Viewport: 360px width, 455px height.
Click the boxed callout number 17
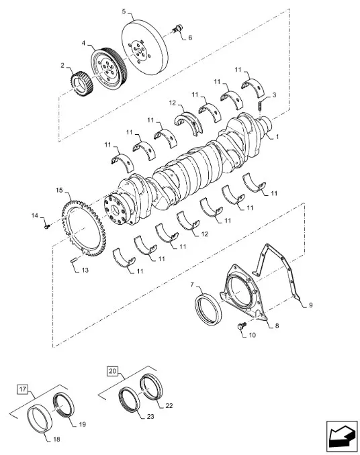coord(23,389)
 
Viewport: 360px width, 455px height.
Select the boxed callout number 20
coord(113,371)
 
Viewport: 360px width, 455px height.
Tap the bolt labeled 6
coord(177,29)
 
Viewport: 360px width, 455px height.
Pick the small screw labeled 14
coord(47,226)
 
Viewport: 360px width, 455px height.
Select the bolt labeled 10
coord(242,325)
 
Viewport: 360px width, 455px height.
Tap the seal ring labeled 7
coord(208,309)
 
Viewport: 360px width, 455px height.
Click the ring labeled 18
coord(40,419)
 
